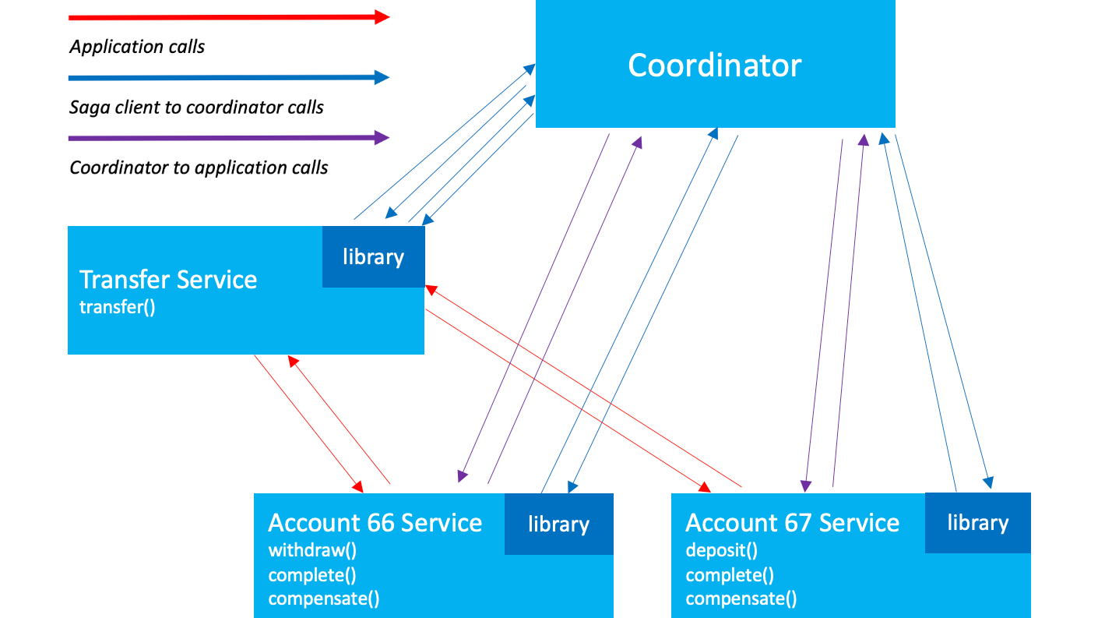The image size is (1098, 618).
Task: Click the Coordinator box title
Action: tap(714, 65)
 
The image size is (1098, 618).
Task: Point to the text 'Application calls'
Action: tap(137, 47)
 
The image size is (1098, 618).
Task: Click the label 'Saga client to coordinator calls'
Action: tap(196, 108)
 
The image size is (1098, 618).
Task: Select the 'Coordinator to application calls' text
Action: tap(199, 168)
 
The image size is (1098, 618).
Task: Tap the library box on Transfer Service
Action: tap(374, 256)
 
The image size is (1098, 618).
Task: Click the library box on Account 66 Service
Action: tap(558, 524)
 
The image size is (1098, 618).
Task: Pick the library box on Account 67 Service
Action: tap(977, 522)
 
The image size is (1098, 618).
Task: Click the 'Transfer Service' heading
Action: tap(168, 280)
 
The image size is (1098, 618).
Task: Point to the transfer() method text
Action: tap(118, 306)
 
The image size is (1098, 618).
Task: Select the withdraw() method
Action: tap(312, 550)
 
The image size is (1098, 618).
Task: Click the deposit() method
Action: tap(721, 550)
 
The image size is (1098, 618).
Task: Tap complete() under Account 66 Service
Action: tap(312, 575)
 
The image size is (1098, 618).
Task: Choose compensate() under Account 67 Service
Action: tap(741, 599)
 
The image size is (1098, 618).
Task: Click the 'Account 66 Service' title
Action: tap(375, 522)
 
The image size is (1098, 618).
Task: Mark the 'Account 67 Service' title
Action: tap(792, 522)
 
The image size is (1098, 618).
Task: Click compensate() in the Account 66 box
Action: tap(324, 599)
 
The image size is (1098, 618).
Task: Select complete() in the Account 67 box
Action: tap(730, 575)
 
